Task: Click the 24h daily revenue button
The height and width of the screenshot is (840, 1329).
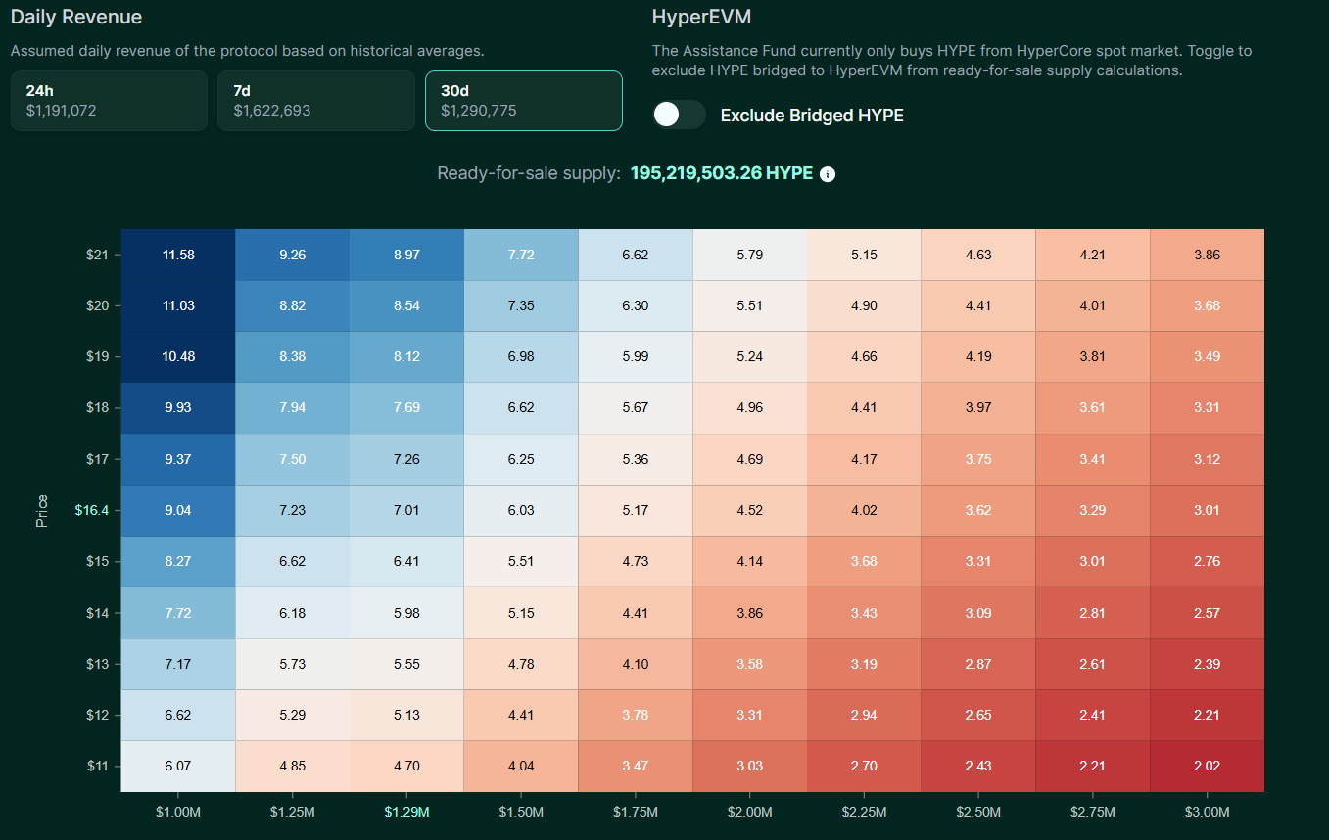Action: click(x=109, y=100)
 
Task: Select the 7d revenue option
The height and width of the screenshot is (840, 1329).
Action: click(x=315, y=100)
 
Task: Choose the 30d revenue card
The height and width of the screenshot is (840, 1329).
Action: click(x=523, y=100)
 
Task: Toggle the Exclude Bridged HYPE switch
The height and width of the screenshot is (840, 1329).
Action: click(x=679, y=115)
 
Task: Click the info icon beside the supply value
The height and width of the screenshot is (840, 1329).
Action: click(x=828, y=174)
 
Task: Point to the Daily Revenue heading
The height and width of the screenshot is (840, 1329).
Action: click(x=76, y=17)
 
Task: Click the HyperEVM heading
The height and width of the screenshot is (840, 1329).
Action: click(x=701, y=17)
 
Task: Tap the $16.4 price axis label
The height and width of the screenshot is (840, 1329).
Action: click(x=91, y=510)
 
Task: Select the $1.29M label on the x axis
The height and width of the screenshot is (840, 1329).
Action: click(x=406, y=812)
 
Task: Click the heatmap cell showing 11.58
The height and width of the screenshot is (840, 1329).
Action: click(x=178, y=255)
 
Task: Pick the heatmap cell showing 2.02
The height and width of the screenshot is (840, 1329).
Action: click(x=1207, y=766)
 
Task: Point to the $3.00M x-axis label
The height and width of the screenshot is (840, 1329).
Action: click(x=1207, y=812)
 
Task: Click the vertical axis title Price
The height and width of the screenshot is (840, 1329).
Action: click(x=42, y=510)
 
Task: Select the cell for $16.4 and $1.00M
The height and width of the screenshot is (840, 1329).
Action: click(x=178, y=510)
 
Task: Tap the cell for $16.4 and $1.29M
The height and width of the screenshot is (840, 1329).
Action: click(x=406, y=510)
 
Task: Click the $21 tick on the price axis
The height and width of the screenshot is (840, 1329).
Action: click(x=96, y=255)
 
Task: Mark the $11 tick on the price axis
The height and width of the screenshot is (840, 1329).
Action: click(x=96, y=766)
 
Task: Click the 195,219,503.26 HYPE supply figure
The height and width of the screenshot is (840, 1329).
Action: click(x=721, y=173)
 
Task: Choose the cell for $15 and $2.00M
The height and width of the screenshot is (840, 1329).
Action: click(x=749, y=561)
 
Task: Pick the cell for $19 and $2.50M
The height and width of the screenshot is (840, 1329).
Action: click(x=978, y=356)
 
